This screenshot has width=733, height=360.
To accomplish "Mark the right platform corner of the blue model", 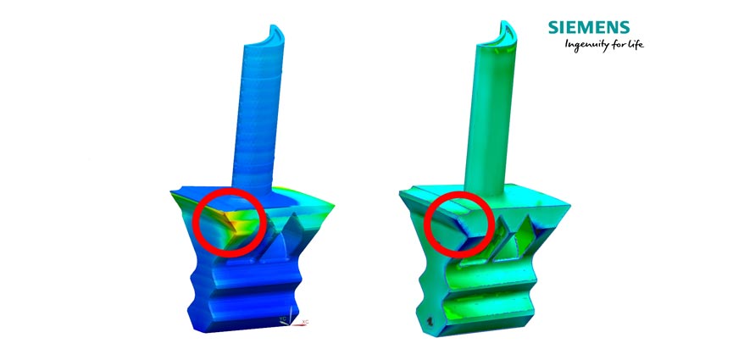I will pyautogui.click(x=336, y=201).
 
